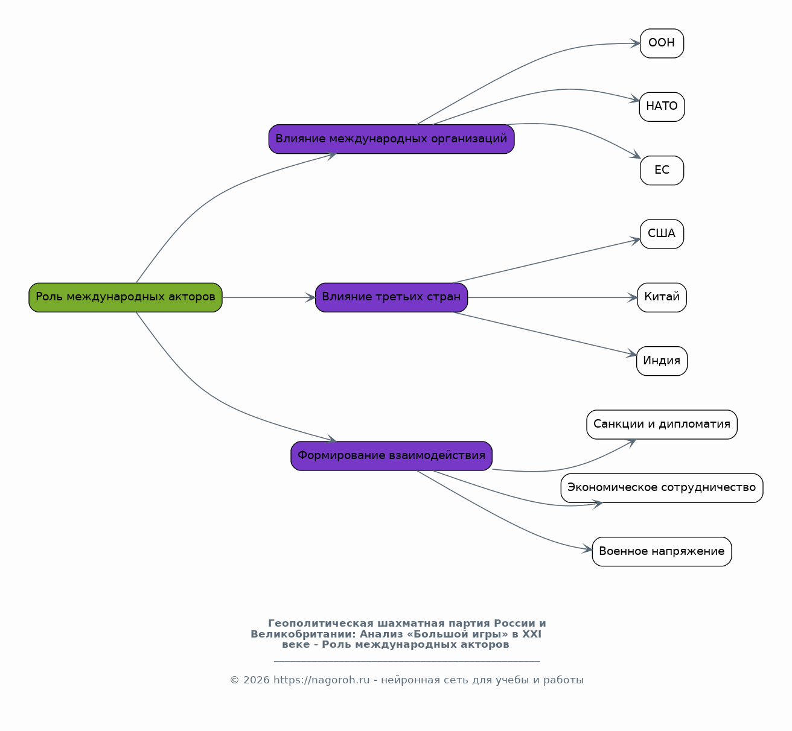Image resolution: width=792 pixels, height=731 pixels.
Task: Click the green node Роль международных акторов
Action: [125, 297]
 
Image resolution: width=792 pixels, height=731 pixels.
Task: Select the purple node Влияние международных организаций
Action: [391, 139]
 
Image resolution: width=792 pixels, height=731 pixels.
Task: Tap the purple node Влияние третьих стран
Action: [391, 297]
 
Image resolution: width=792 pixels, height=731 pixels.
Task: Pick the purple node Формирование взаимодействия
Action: [391, 455]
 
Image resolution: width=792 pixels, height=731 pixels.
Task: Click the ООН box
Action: [662, 43]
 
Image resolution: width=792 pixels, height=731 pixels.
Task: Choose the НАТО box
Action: [662, 107]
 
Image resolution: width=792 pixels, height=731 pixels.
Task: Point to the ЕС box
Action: [662, 170]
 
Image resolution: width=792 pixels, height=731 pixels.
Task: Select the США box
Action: [662, 234]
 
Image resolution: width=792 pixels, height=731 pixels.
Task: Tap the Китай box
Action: [662, 297]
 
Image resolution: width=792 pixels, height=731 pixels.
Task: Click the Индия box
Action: [662, 361]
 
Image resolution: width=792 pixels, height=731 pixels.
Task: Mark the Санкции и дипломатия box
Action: [662, 425]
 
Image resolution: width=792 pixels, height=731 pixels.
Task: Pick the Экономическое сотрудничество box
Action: [662, 488]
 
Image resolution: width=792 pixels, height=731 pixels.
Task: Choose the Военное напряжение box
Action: [662, 551]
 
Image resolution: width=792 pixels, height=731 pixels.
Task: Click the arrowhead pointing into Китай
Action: [633, 297]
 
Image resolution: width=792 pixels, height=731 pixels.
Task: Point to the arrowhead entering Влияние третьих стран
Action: [311, 297]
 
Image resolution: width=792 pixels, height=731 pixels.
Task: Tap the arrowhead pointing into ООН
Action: [635, 43]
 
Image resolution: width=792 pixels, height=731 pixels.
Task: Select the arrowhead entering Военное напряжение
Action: [587, 549]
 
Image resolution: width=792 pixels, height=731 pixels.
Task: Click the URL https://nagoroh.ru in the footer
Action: [321, 680]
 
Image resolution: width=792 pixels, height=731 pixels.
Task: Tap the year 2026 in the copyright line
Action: [256, 680]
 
